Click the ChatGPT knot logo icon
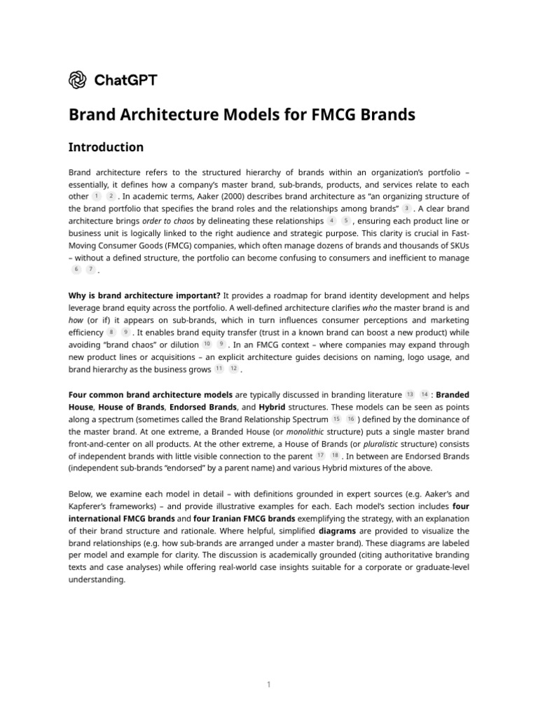(x=77, y=80)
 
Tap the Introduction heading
(x=106, y=147)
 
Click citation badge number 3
(x=406, y=209)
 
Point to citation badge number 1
(x=96, y=196)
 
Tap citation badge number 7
(x=90, y=270)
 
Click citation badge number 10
(x=207, y=344)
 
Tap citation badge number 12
(x=234, y=369)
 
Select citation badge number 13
(x=411, y=394)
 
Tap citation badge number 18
(x=335, y=456)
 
